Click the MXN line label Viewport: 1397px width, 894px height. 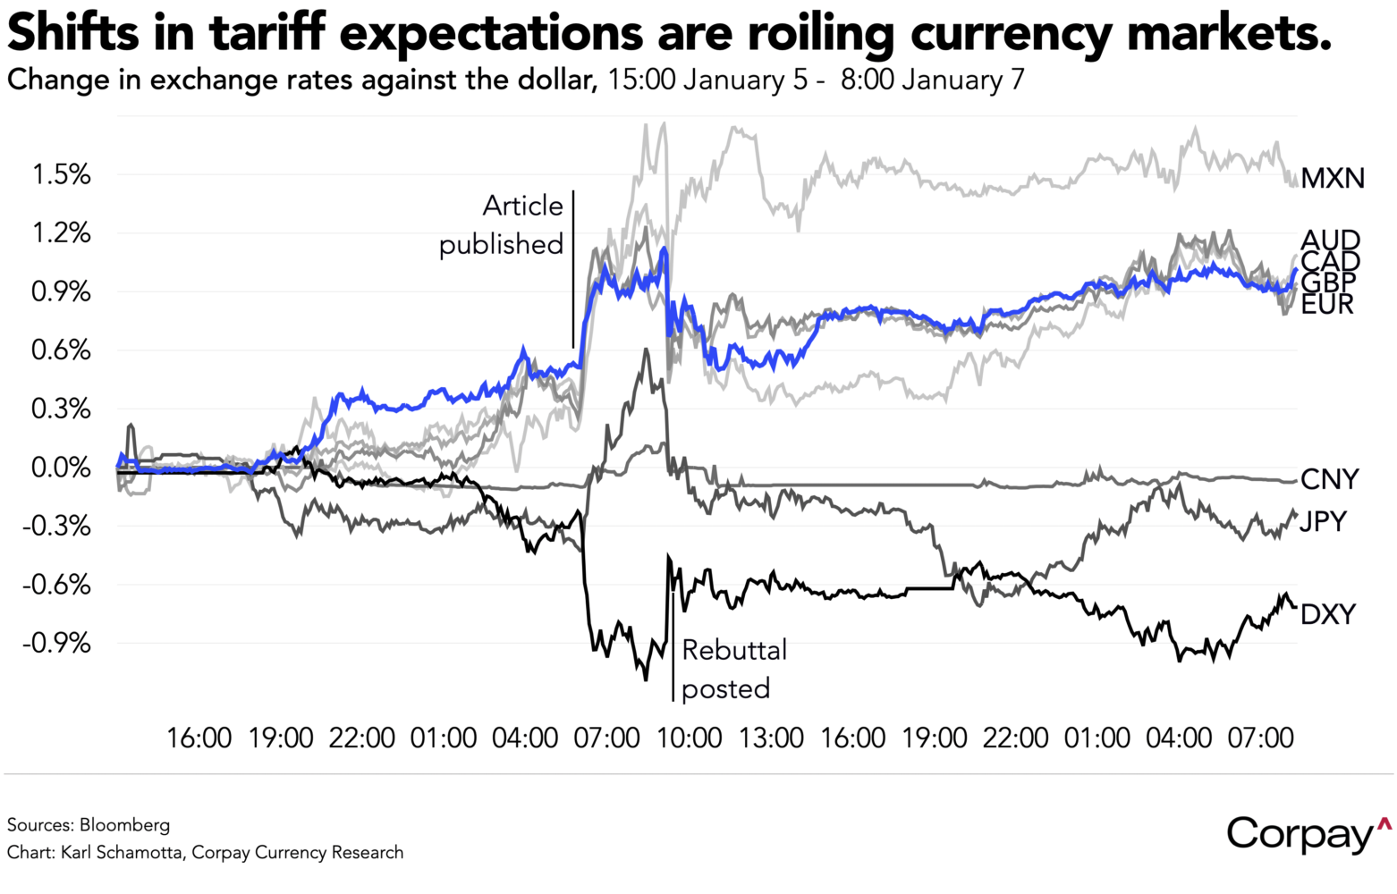click(x=1332, y=179)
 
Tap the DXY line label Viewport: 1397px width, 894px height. click(x=1327, y=614)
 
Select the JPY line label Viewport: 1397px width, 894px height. click(x=1323, y=521)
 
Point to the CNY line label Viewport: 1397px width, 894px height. click(x=1329, y=480)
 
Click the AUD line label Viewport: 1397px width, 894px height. click(x=1330, y=240)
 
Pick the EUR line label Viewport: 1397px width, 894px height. click(x=1327, y=305)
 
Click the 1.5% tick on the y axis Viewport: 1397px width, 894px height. click(x=62, y=174)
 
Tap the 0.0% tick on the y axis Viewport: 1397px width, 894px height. click(x=62, y=468)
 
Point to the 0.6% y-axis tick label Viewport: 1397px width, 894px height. click(x=62, y=350)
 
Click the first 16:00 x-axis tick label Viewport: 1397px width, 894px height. click(x=199, y=738)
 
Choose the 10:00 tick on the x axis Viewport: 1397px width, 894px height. click(x=690, y=738)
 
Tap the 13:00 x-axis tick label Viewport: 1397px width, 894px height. click(x=771, y=738)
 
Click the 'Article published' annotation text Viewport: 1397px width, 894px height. click(x=503, y=225)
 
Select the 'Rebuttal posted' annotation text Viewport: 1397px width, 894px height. click(x=733, y=669)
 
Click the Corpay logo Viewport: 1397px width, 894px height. click(x=1308, y=833)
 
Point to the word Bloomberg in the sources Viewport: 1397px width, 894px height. click(x=124, y=824)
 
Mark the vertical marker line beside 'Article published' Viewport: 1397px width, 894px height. click(x=572, y=268)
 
